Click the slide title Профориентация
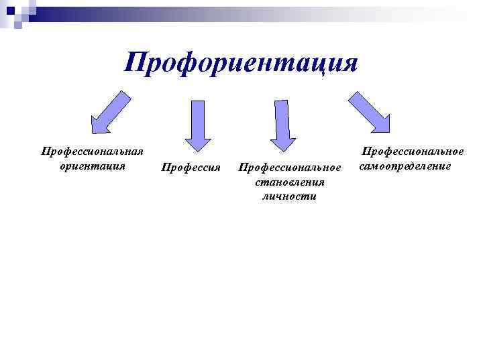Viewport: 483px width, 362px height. [241, 64]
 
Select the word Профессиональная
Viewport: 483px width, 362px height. [93, 152]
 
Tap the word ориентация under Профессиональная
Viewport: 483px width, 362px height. [93, 166]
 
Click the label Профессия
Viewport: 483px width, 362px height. [191, 166]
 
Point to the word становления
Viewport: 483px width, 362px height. [290, 182]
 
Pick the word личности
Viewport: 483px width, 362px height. [290, 196]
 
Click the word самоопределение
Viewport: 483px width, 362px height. [405, 166]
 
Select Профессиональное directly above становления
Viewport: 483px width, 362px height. [290, 166]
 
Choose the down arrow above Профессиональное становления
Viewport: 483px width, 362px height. [282, 124]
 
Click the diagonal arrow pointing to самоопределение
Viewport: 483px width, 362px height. [369, 111]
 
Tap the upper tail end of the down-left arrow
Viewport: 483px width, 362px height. [125, 95]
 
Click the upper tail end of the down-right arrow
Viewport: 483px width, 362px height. [354, 95]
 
